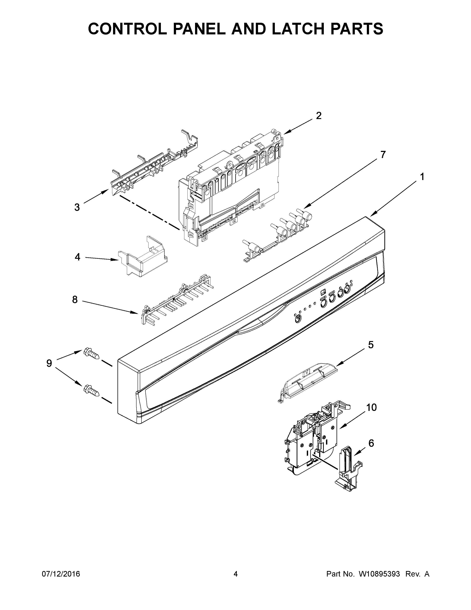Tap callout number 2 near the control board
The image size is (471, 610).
[x=318, y=116]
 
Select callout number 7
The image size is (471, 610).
[x=383, y=155]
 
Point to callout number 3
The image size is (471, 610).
[x=77, y=207]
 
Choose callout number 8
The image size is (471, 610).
[x=75, y=300]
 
